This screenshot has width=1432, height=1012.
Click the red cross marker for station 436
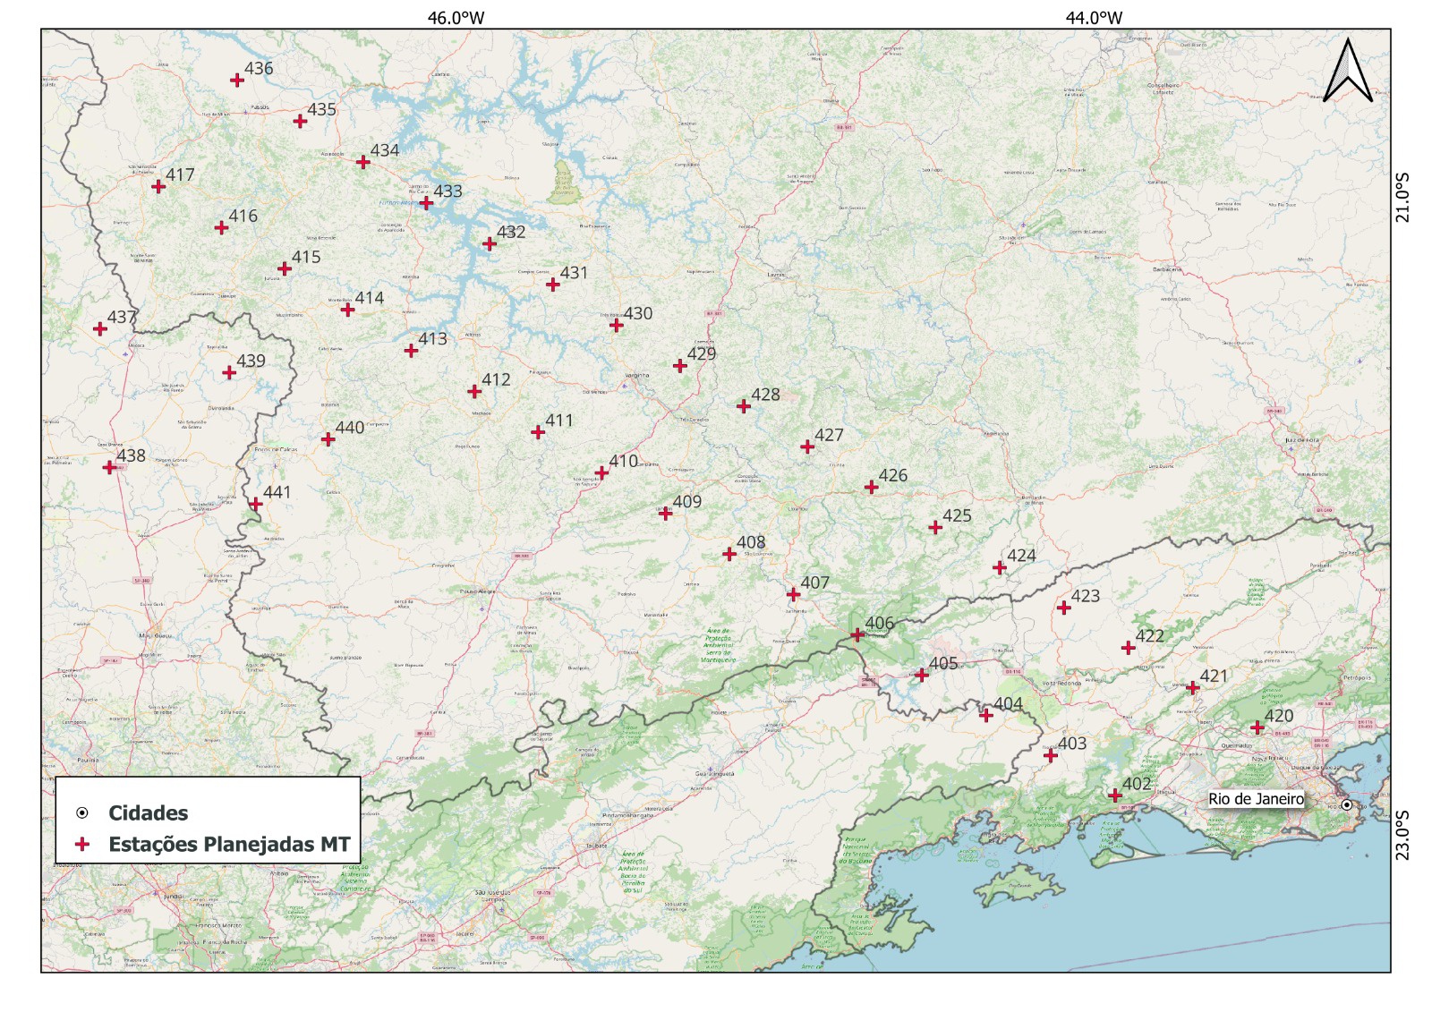[237, 80]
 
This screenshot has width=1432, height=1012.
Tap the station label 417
[180, 174]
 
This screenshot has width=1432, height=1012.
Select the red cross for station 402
[1115, 795]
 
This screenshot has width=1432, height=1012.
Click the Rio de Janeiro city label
[1256, 798]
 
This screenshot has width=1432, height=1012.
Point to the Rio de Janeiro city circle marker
[1346, 804]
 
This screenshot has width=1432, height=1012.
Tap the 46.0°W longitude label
[456, 17]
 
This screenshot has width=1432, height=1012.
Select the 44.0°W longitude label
[1094, 17]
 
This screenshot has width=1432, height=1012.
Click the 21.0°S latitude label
[1402, 198]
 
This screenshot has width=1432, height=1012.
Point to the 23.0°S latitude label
[1402, 835]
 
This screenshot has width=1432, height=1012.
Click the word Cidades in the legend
[148, 812]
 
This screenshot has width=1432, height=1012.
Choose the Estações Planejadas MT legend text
[229, 844]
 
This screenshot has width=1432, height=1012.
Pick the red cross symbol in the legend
[82, 844]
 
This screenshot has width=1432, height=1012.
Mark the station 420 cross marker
[1257, 727]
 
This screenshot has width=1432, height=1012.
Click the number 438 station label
[131, 455]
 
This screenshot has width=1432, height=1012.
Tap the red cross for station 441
[256, 504]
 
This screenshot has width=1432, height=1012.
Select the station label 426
[892, 475]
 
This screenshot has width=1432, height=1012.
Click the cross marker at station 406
[857, 634]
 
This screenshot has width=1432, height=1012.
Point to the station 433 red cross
[426, 203]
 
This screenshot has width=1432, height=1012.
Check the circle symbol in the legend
[82, 812]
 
